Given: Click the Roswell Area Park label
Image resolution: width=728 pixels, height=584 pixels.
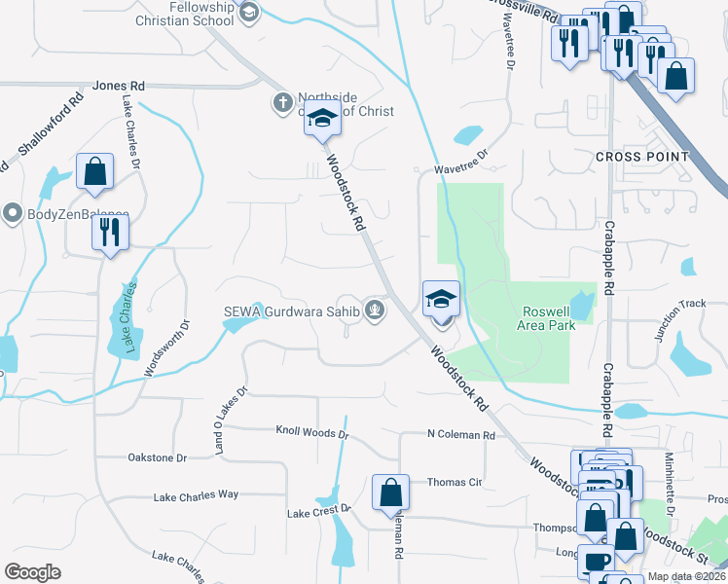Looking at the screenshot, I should pos(549,317).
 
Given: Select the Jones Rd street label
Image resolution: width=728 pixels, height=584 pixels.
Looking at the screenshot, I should pos(119,86).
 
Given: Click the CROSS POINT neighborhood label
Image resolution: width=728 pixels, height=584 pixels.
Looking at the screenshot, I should pos(642,157).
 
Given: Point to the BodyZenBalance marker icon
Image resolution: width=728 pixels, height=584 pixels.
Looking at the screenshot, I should pos(13,212).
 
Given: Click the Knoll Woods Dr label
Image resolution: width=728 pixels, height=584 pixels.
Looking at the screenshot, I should pos(311,430).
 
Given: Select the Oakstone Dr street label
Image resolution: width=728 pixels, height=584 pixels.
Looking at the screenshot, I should pos(157,457).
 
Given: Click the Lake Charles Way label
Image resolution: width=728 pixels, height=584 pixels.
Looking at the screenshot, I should pos(196,495).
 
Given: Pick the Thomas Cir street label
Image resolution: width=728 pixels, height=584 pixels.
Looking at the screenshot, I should pos(455,482).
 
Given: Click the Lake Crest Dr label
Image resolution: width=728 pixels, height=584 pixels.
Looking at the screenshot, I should pos(318,511).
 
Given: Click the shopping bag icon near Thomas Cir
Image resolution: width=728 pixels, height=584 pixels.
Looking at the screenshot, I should pos(390,492).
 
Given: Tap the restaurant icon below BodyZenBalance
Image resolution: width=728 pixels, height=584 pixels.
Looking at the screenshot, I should pos(108,233).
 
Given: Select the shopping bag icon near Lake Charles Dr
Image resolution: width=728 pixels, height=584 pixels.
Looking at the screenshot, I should pos(95,172).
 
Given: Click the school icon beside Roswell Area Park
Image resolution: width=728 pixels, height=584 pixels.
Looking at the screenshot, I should pos(441,298).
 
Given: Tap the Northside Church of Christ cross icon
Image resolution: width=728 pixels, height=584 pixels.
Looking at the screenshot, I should pos(282,102).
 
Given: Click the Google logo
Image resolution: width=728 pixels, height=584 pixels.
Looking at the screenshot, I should pos(32,572).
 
